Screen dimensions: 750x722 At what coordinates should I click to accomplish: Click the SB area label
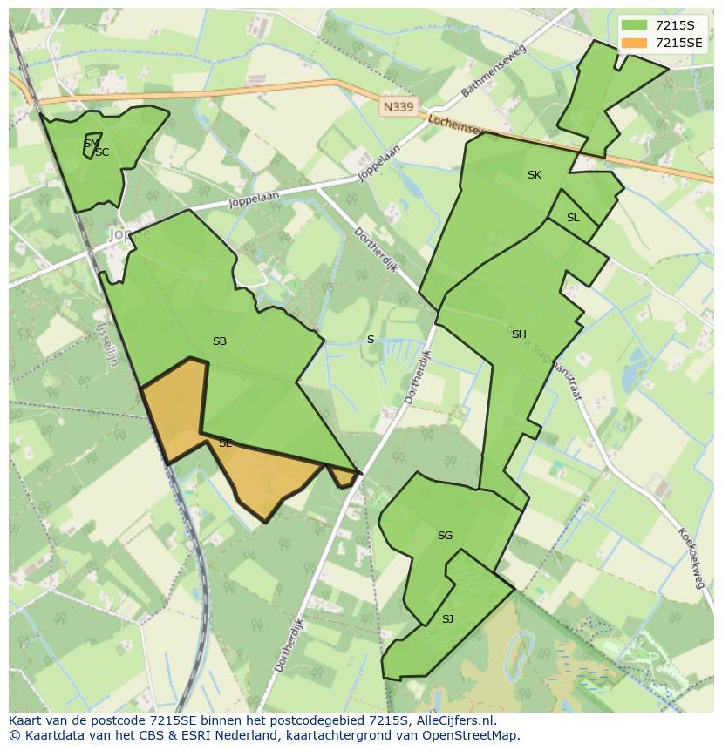point(220,341)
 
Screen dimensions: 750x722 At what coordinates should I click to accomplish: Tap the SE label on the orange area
point(225,443)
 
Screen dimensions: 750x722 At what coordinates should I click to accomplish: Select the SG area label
point(445,536)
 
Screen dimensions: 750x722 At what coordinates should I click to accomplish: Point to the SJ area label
point(447,619)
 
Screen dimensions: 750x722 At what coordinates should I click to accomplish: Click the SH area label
point(519,334)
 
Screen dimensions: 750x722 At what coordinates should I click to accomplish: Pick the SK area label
point(535,175)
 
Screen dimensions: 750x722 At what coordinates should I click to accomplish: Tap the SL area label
point(573,218)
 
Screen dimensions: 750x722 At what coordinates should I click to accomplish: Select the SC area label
point(103,152)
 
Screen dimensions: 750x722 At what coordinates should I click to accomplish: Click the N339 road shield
point(399,107)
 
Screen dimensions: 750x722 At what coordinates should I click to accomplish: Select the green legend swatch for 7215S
point(635,25)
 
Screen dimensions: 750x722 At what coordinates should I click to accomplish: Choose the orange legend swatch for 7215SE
point(635,43)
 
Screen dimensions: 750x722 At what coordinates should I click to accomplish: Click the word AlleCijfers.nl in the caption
point(453,720)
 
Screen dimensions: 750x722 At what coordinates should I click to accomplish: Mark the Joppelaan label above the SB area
point(253,200)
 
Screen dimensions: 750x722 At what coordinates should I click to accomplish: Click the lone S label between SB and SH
point(371,340)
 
